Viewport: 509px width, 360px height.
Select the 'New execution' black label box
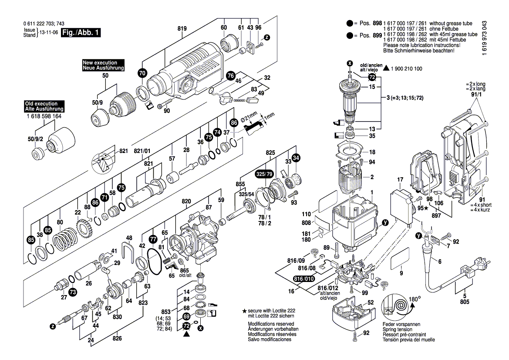(103, 65)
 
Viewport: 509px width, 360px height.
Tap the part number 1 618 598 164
(44, 116)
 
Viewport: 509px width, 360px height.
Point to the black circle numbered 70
(142, 74)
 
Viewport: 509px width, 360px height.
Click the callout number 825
(271, 153)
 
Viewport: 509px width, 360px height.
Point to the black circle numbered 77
(152, 239)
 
